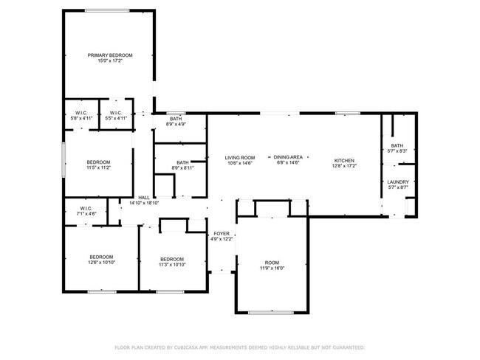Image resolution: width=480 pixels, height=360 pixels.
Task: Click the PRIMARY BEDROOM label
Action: [x=109, y=55]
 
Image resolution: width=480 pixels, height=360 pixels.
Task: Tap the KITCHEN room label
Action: [x=345, y=161]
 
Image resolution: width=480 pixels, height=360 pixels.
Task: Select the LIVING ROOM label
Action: [x=240, y=157]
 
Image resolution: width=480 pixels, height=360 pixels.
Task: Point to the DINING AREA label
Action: [x=289, y=157]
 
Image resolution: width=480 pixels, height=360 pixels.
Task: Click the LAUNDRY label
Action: [x=397, y=182]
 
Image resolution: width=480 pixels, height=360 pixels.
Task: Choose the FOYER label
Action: [x=222, y=234]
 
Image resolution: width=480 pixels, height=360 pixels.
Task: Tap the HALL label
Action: [x=144, y=197]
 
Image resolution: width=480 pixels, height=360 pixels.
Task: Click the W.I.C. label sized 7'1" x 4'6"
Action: [x=87, y=208]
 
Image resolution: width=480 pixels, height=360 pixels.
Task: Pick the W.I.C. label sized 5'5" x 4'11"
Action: [x=117, y=113]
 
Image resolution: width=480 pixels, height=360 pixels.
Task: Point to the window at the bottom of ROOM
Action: [x=271, y=312]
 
